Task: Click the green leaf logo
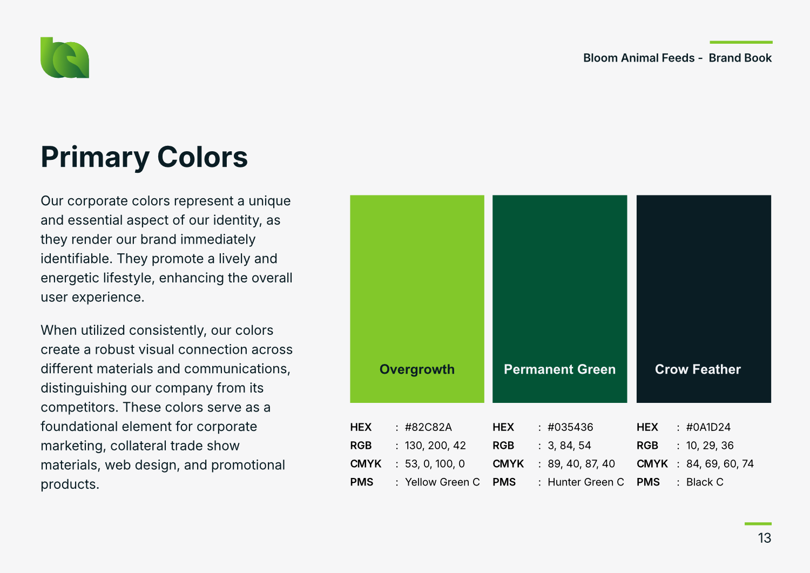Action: coord(65,58)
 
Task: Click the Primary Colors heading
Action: coord(144,157)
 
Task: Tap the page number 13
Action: coord(765,538)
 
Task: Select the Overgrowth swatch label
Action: coord(417,369)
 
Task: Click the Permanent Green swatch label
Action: coord(560,369)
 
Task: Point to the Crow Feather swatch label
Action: coord(698,369)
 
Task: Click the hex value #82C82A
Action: coord(428,427)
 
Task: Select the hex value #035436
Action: coord(570,427)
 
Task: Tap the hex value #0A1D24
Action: coord(708,427)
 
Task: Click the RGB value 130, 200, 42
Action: coord(435,446)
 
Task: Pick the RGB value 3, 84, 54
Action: coord(569,446)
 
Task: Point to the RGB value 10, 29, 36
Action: coord(710,446)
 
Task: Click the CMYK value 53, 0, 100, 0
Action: coord(435,464)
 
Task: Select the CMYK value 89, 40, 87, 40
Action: coord(581,464)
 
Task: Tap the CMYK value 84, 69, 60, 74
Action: coord(720,464)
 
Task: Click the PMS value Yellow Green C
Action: coord(442,482)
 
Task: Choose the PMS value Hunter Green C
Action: coord(586,482)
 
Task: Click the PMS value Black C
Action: coord(705,482)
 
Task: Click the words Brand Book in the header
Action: coord(740,58)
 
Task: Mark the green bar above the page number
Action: coord(758,524)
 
